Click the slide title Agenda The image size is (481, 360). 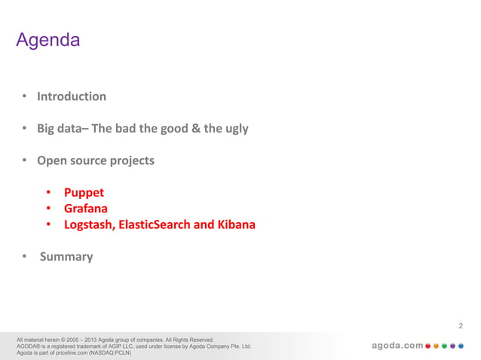pos(47,40)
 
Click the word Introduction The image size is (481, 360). pos(72,96)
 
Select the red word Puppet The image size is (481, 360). pos(84,192)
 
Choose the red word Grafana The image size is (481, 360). pos(85,208)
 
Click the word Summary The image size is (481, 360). pos(66,257)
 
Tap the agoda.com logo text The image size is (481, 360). pos(397,346)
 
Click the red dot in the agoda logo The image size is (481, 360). pos(429,346)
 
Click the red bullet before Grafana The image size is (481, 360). pos(47,208)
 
